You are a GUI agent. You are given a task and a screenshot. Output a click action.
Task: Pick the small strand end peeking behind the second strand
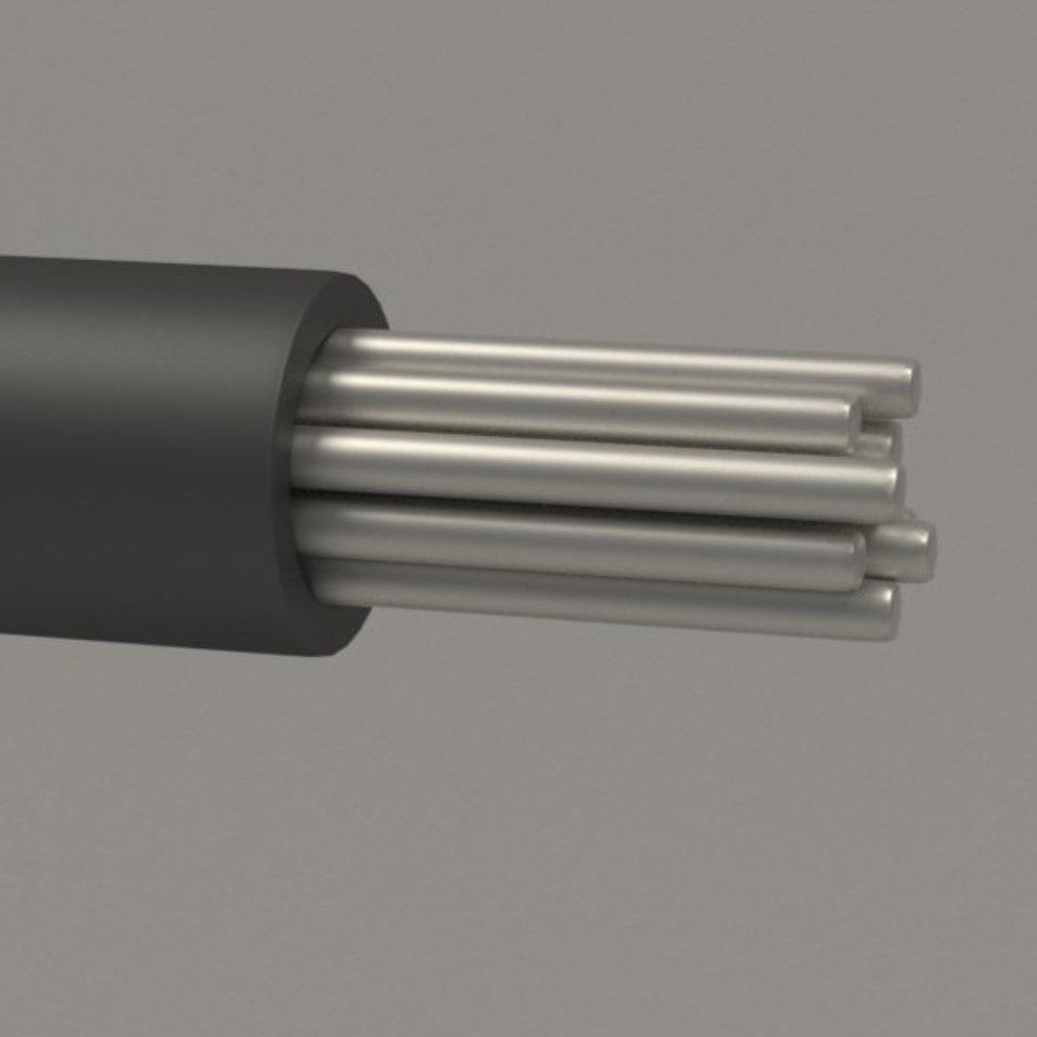pyautogui.click(x=880, y=441)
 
